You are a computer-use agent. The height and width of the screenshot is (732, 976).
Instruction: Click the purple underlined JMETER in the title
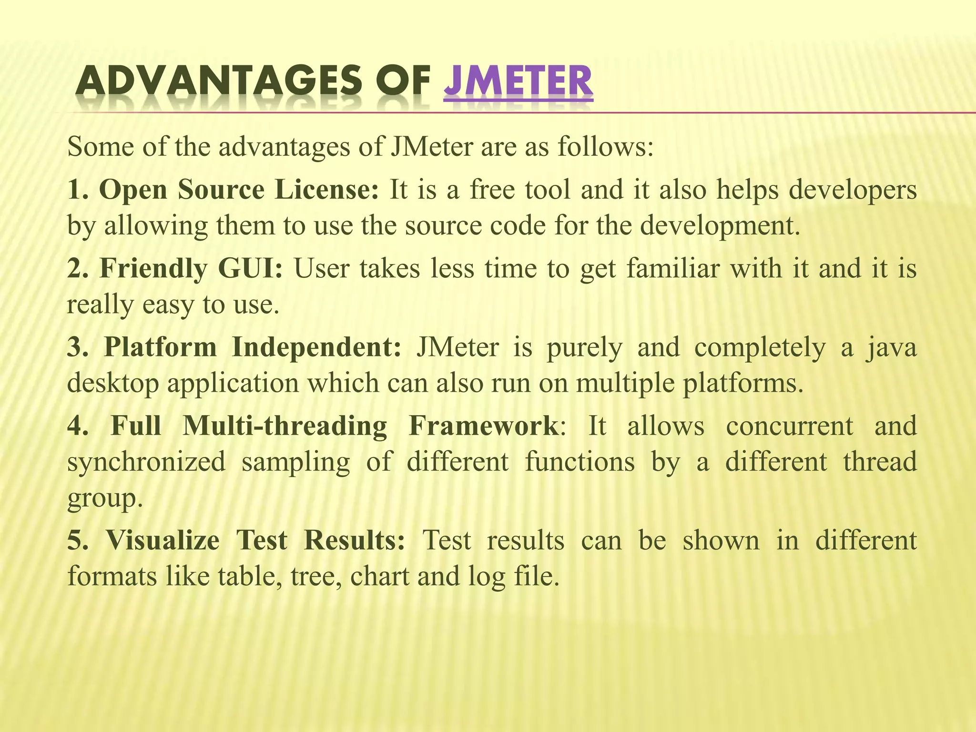[x=518, y=81]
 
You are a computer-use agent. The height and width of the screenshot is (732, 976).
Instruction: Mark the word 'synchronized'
[x=146, y=461]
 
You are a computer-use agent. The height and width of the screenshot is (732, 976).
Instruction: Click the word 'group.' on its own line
[x=105, y=498]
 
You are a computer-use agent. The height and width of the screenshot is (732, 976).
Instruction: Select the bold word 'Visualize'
[x=162, y=540]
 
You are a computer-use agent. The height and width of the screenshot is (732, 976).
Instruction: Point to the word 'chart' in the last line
[x=379, y=576]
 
